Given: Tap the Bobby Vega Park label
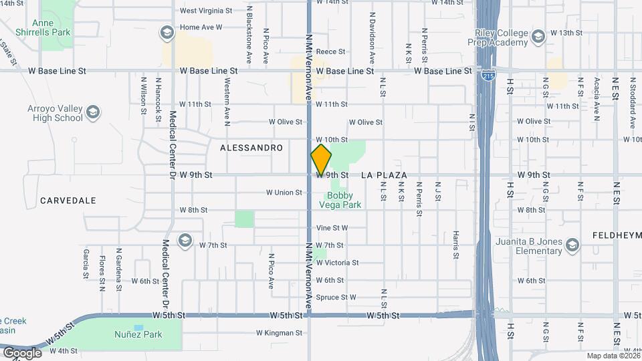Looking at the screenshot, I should point(344,200).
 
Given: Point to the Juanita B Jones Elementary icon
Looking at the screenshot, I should point(572,246).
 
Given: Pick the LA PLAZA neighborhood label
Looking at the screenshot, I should point(385,175).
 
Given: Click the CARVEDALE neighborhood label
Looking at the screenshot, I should point(68,201).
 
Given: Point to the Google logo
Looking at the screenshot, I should point(21,352).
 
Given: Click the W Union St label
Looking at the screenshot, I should point(284,193).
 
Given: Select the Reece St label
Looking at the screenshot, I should point(330,51).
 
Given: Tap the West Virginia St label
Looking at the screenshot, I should point(206,11).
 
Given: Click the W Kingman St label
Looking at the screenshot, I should point(280,332).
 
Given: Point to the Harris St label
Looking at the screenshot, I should point(455,245).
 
